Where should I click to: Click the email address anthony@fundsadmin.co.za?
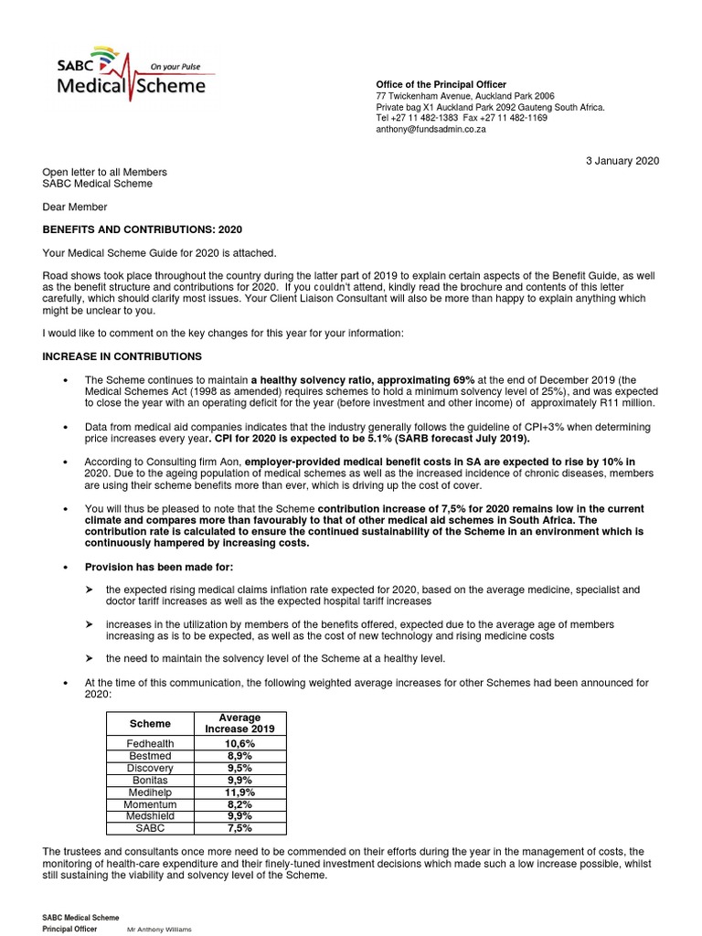coord(431,130)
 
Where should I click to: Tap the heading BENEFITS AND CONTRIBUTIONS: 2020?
coord(143,229)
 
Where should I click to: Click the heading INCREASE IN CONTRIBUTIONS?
coord(122,356)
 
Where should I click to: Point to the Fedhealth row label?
coord(151,744)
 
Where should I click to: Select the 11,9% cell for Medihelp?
coord(239,792)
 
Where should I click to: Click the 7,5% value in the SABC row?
coord(239,828)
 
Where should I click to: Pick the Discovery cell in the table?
coord(151,768)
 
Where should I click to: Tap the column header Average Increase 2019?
coord(239,723)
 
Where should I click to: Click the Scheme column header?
coord(151,723)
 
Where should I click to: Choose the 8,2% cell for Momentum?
coord(239,804)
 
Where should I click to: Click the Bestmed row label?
coord(151,756)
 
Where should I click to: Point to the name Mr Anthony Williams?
coord(159,929)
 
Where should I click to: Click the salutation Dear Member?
coord(75,207)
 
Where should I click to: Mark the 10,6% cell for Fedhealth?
coord(239,744)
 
